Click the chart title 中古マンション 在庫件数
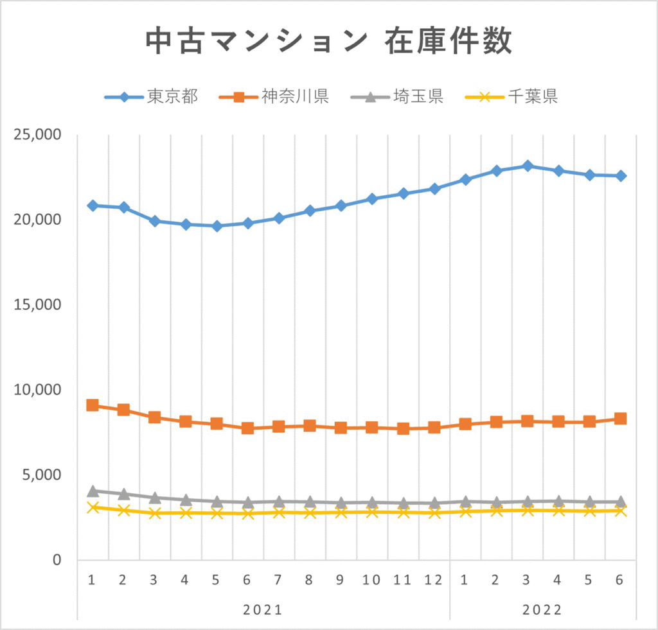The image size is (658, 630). [328, 42]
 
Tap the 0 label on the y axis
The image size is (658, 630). [56, 560]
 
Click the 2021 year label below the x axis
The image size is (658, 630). [263, 609]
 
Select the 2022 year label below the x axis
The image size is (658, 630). [542, 609]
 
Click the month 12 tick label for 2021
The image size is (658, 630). [434, 580]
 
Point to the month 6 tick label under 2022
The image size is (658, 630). [620, 580]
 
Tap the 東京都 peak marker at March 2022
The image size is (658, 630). [527, 166]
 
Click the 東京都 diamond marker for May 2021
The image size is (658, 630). [217, 226]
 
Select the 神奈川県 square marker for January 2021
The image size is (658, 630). [93, 405]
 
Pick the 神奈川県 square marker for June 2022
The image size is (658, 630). [620, 419]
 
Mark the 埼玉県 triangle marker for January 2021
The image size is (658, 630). [93, 491]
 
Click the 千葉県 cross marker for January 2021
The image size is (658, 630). [93, 507]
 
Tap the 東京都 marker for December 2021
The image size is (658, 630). [434, 189]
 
